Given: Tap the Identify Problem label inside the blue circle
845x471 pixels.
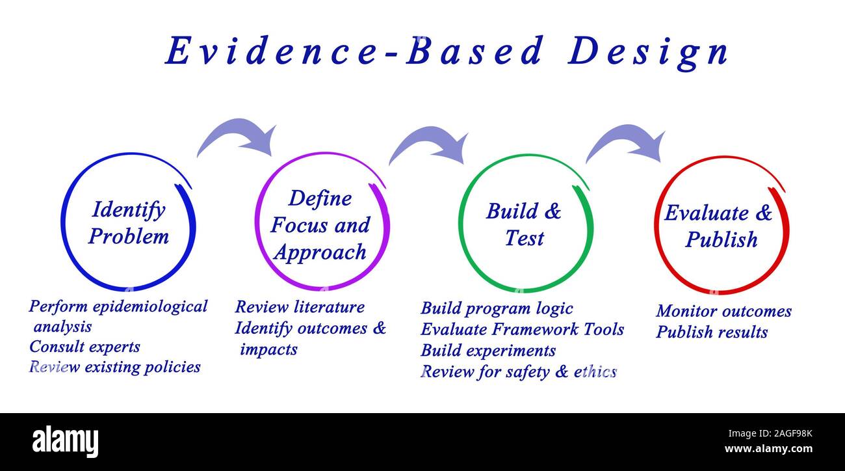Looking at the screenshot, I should click(128, 222).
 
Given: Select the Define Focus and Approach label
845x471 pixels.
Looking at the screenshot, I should click(320, 225).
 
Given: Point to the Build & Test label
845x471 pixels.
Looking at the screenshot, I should click(524, 224).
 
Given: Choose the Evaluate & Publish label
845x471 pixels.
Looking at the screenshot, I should click(719, 226).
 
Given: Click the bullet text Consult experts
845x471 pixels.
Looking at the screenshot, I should click(84, 347).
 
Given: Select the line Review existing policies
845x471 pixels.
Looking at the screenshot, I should click(115, 367).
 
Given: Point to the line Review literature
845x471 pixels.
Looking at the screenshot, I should click(300, 307).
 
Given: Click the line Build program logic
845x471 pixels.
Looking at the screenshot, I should click(497, 308).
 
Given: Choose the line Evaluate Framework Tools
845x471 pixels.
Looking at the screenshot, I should click(522, 330).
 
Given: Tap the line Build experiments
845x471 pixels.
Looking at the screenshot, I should click(488, 351).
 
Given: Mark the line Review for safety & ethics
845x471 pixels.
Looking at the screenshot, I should click(518, 372).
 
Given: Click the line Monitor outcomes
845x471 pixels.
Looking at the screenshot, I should click(723, 312).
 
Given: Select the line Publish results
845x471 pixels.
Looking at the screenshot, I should click(712, 332).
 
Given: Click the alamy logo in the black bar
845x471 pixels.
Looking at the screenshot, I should click(66, 441).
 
